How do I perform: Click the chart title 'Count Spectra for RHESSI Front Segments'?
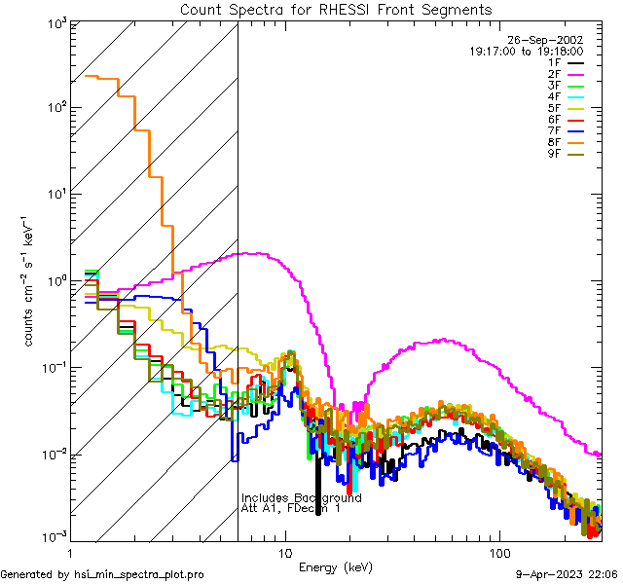336,9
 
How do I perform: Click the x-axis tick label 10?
284,552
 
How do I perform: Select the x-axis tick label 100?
499,552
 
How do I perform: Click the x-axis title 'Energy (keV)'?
336,566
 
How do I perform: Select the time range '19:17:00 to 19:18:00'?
526,51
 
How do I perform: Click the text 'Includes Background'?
301,497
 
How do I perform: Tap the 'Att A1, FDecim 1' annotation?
291,508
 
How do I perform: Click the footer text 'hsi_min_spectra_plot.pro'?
139,574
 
